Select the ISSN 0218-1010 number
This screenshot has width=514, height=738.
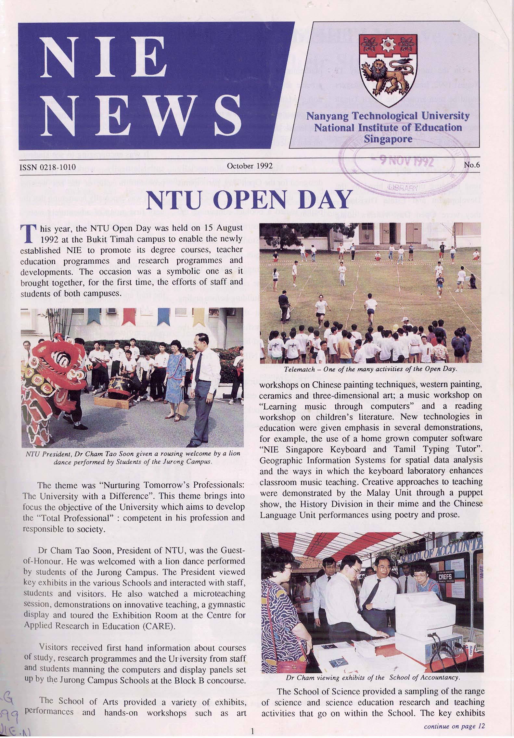click(48, 167)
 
